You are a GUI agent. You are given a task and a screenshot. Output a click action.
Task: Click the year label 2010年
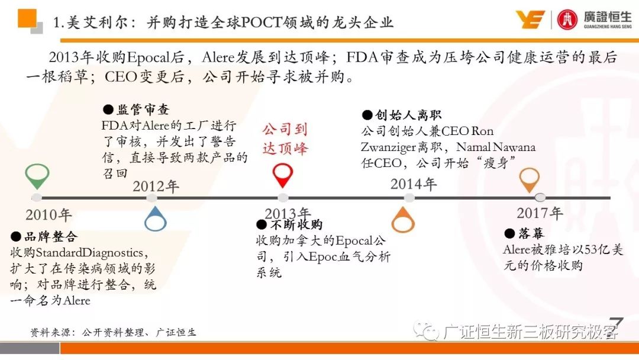pos(49,215)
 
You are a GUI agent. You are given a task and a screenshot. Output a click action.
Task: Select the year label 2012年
pos(156,187)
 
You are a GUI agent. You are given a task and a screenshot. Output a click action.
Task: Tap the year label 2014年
pos(413,184)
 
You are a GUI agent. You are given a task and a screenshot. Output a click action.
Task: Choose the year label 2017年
pos(540,213)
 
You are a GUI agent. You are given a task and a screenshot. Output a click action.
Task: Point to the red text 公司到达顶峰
pos(285,139)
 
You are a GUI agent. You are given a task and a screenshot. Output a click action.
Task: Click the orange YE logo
pos(530,20)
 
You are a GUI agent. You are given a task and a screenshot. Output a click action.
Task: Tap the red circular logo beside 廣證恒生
pos(567,20)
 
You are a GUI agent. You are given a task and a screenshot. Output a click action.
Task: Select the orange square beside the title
pos(27,18)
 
